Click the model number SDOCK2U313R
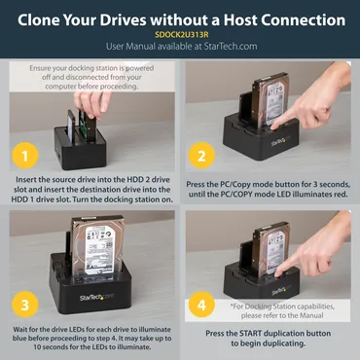coord(180,32)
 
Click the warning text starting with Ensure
coord(91,74)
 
